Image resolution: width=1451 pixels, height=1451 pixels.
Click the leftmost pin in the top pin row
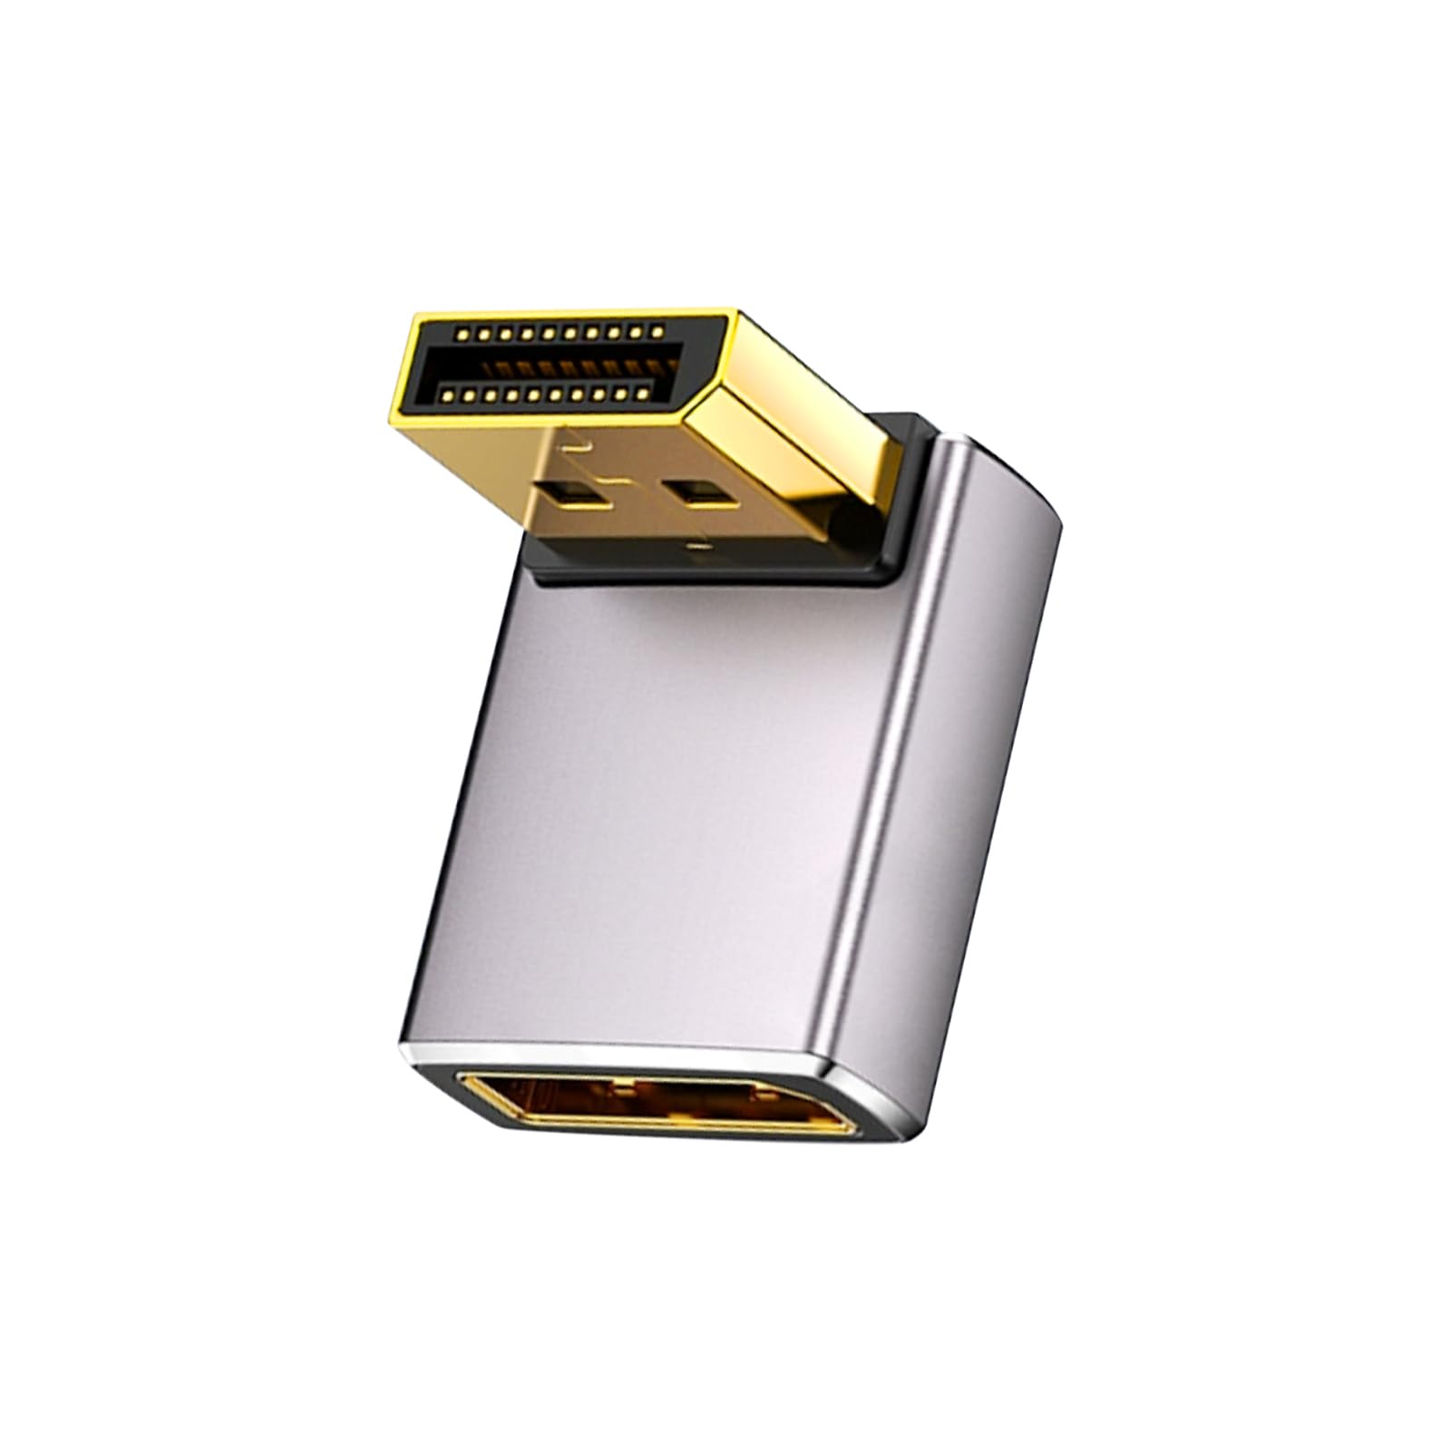[x=463, y=335]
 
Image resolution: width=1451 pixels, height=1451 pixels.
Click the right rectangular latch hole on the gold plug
[x=688, y=492]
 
